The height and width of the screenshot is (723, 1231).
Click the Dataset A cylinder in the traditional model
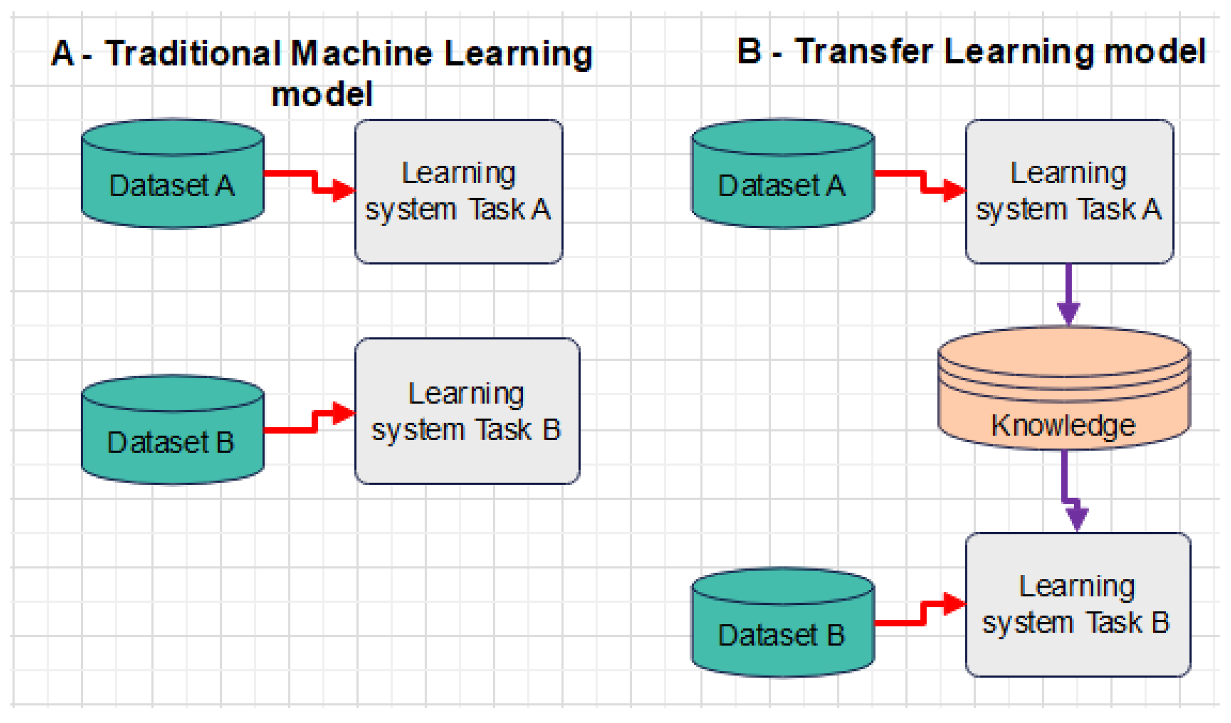172,175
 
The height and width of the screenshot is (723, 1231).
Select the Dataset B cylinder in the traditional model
172,431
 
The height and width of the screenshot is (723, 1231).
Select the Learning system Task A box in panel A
458,191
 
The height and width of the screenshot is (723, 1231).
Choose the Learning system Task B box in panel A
466,411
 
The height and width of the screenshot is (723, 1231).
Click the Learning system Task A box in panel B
1068,191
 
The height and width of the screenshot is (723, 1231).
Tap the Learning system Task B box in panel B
1077,604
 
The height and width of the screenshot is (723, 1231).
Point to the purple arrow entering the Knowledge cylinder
1068,294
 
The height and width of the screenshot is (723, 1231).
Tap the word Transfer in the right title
864,52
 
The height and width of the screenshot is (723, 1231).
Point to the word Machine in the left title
361,54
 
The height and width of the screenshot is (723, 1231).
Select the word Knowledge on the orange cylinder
1063,426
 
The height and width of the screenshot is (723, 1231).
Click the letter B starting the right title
749,51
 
